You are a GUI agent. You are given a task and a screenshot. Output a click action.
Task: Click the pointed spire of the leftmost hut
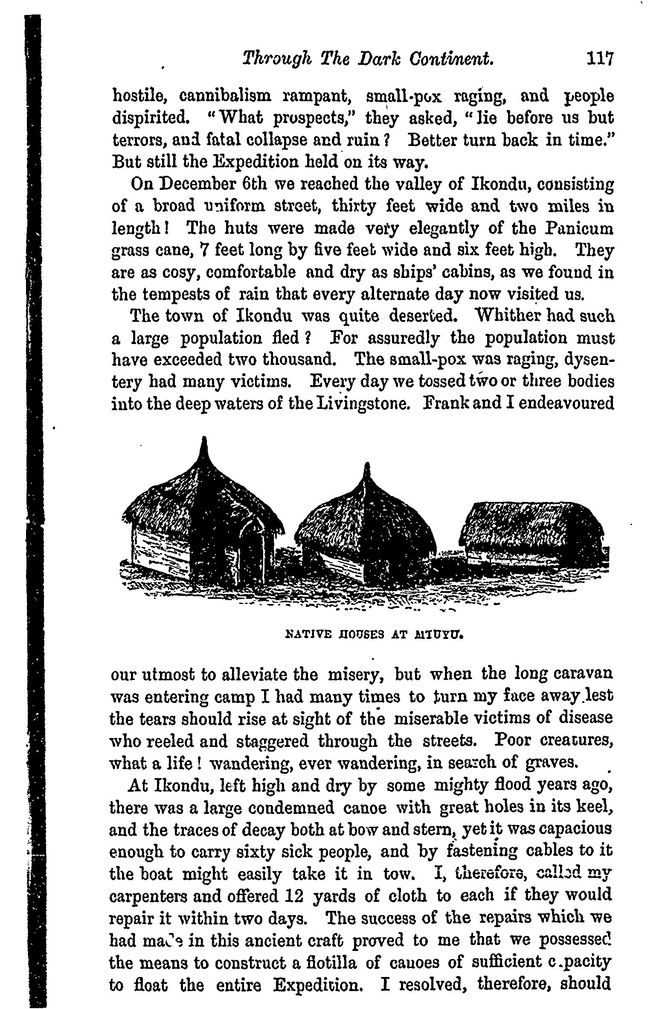click(204, 448)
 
